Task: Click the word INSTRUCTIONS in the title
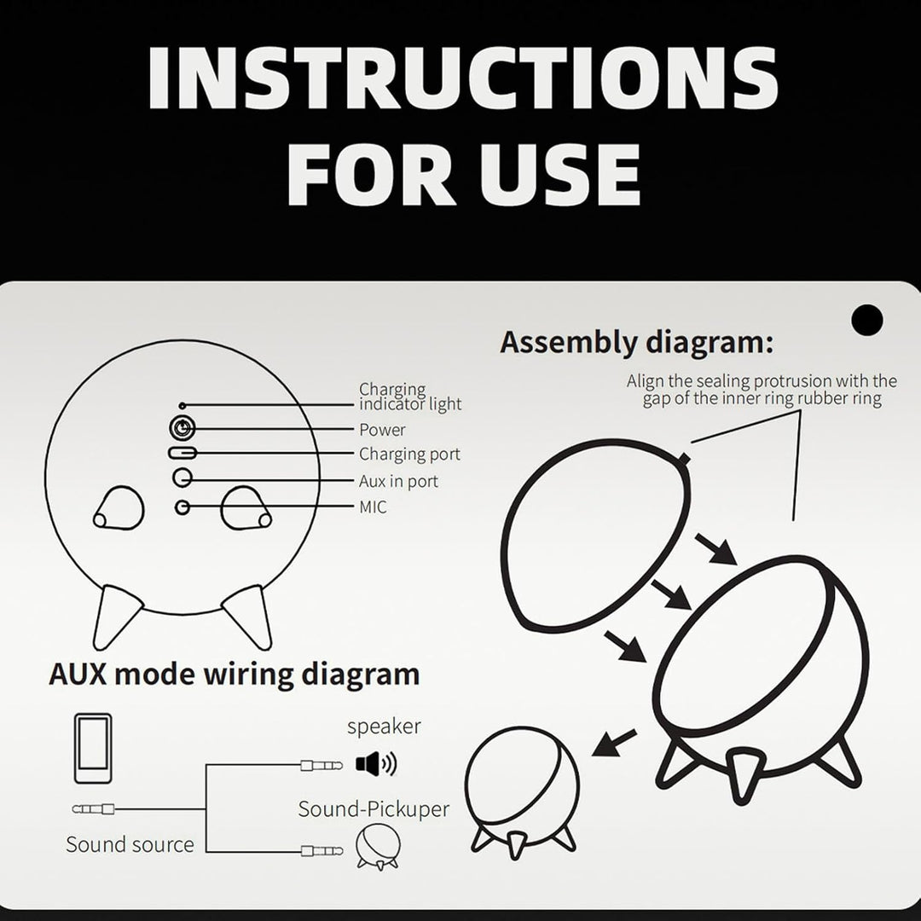(462, 78)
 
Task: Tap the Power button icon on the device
(182, 427)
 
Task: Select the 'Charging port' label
(409, 454)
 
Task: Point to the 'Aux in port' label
(398, 481)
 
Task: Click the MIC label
(373, 507)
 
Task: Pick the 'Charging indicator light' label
(410, 397)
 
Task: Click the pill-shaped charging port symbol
(182, 453)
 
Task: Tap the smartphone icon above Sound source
(93, 749)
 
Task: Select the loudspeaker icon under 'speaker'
(376, 763)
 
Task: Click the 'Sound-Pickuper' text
(374, 808)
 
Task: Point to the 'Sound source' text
(130, 844)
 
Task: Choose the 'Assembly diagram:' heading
(637, 343)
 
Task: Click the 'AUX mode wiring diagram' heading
(235, 675)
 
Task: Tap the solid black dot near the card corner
(867, 320)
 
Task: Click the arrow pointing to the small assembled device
(614, 743)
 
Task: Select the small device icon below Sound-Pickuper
(379, 847)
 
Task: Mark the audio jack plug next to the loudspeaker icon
(321, 765)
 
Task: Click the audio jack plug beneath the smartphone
(93, 809)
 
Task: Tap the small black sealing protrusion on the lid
(683, 459)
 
